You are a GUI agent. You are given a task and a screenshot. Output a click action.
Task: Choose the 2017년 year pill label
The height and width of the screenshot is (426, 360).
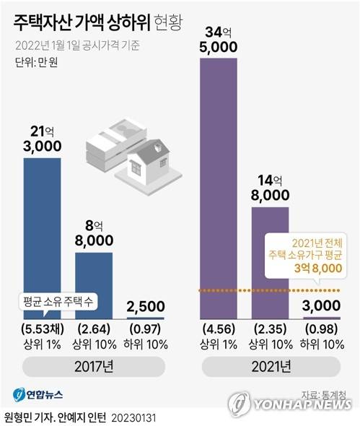coord(95,368)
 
